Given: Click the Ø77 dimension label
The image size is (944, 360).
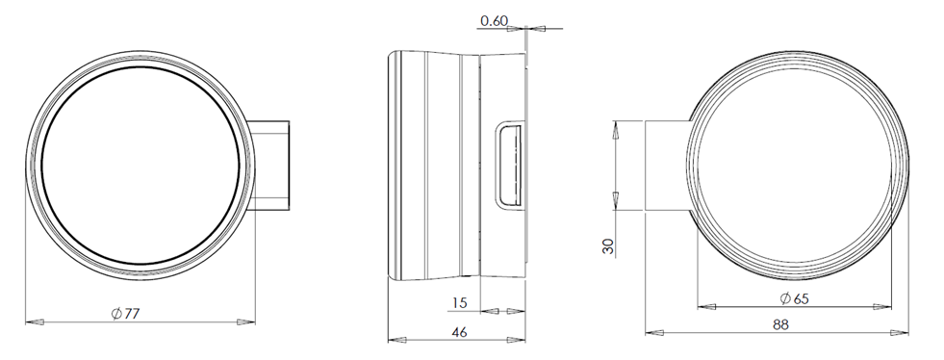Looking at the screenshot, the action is (x=125, y=313).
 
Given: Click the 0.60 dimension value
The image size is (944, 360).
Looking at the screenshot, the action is (x=495, y=21).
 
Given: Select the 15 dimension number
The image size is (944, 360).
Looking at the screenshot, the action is (x=459, y=302).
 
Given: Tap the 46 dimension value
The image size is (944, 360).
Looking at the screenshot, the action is (x=459, y=332).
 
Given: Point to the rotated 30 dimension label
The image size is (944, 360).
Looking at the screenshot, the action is (x=608, y=246).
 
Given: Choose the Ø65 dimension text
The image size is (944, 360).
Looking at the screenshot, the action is (x=794, y=298).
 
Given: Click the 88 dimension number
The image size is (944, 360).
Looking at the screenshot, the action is (x=780, y=324).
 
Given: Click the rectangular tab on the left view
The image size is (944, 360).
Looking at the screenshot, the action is (x=269, y=166).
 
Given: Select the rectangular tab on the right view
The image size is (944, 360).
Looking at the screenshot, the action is (x=667, y=166).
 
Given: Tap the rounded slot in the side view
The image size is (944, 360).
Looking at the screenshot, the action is (x=509, y=165).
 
